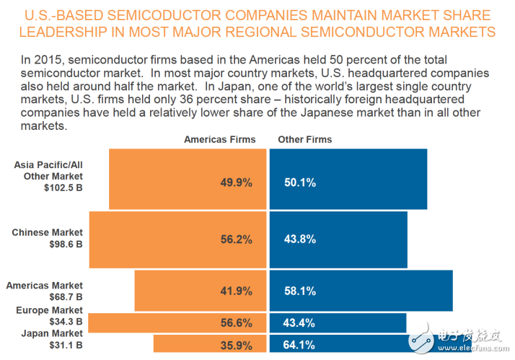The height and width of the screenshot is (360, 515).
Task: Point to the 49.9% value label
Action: (x=236, y=183)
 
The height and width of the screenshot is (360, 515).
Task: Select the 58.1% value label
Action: (x=300, y=291)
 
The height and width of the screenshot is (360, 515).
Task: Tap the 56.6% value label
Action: (x=236, y=322)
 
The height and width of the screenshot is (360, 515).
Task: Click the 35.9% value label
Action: (x=236, y=344)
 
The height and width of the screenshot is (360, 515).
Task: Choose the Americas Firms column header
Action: (x=219, y=139)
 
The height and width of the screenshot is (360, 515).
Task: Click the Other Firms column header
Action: (x=304, y=139)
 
